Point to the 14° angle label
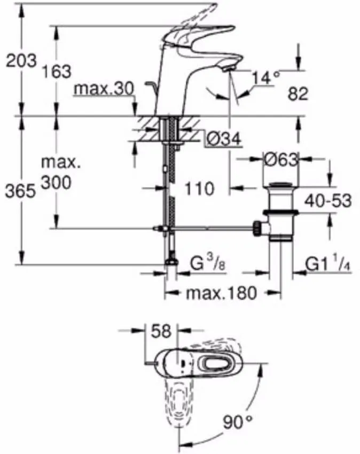[x=267, y=79]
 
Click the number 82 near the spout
[x=298, y=94]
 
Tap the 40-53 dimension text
[x=327, y=201]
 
